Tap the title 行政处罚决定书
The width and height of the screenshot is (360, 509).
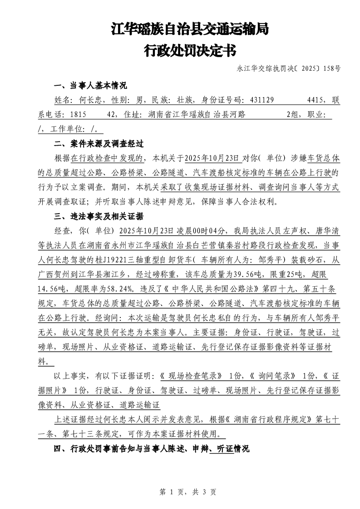[190, 51]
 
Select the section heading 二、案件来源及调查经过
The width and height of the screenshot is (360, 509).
[99, 144]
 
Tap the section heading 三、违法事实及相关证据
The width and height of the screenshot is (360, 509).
[99, 216]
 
